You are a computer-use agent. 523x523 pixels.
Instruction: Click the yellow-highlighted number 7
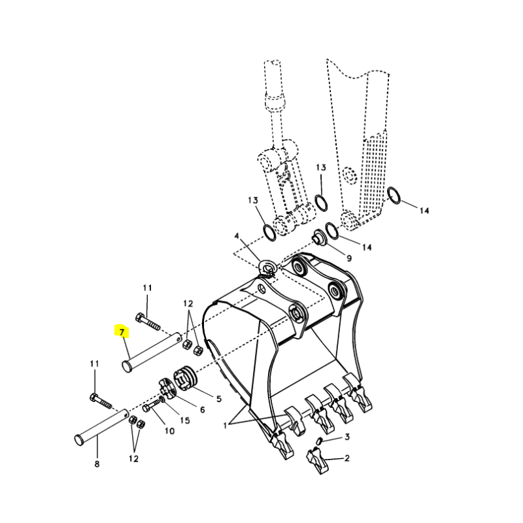pos(122,332)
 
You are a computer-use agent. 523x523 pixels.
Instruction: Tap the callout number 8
pos(97,464)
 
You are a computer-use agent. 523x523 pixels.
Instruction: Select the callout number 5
pos(219,399)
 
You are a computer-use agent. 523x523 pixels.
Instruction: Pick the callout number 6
pos(202,410)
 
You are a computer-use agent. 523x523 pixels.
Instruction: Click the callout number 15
pos(185,420)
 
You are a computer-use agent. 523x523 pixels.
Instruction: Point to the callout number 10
pos(169,431)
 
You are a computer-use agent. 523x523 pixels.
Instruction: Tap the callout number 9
pos(349,258)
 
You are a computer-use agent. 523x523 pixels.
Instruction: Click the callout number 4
pos(237,236)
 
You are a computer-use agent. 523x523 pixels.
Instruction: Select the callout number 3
pos(347,437)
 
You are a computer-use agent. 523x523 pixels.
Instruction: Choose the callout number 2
pos(347,458)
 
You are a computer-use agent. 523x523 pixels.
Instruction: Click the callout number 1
pos(225,426)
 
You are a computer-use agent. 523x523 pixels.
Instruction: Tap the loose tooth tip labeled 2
pos(317,461)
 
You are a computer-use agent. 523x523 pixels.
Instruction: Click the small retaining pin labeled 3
pos(318,440)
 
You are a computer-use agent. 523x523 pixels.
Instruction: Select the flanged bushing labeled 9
pos(319,237)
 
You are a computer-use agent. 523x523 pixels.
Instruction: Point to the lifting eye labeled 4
pos(267,269)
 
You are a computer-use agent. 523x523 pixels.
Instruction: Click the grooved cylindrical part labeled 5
pos(186,378)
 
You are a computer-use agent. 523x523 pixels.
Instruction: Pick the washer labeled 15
pos(162,399)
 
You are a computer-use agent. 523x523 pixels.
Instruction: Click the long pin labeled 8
pos(101,427)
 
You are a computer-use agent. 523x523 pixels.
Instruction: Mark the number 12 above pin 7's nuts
pos(188,303)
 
